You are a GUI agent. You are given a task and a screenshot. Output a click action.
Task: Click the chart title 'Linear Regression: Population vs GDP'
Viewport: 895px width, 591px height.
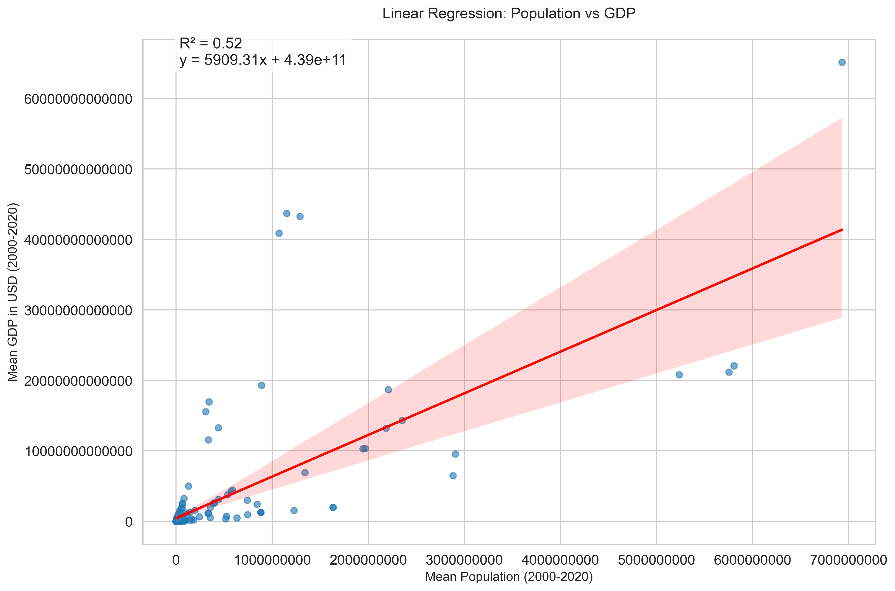pyautogui.click(x=509, y=13)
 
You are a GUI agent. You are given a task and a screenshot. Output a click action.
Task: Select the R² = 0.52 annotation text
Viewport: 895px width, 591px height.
pyautogui.click(x=211, y=44)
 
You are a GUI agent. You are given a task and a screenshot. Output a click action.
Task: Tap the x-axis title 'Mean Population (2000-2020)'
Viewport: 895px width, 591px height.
pyautogui.click(x=509, y=577)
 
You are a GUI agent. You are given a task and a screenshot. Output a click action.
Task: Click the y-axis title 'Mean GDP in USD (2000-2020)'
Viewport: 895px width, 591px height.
pyautogui.click(x=13, y=292)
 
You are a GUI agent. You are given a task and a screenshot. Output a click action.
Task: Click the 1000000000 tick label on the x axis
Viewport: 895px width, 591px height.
pyautogui.click(x=272, y=560)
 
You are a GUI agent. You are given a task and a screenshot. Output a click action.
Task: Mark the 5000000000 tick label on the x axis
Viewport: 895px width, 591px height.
pyautogui.click(x=656, y=560)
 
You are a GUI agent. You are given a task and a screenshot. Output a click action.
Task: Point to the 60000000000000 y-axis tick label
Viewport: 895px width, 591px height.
pyautogui.click(x=78, y=99)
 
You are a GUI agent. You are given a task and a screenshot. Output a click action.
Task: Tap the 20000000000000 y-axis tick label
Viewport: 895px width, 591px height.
pyautogui.click(x=78, y=381)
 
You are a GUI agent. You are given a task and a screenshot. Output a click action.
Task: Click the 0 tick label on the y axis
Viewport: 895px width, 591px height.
pyautogui.click(x=129, y=522)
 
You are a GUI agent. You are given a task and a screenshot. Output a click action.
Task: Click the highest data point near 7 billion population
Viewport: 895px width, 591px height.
pyautogui.click(x=842, y=62)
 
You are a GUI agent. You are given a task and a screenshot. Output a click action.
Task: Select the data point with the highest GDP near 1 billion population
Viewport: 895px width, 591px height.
pyautogui.click(x=286, y=213)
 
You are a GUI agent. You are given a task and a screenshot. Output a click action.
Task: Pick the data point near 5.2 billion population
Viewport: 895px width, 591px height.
pyautogui.click(x=679, y=375)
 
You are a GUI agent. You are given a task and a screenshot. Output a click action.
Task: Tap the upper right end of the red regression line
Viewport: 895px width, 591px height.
pyautogui.click(x=841, y=230)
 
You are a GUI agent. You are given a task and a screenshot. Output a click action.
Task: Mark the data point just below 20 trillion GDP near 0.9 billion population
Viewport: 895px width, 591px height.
pyautogui.click(x=261, y=385)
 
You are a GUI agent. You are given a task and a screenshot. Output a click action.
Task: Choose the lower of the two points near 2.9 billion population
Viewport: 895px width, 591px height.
pyautogui.click(x=453, y=476)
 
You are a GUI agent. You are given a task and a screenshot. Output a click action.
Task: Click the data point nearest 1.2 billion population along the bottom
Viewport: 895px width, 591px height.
pyautogui.click(x=294, y=510)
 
